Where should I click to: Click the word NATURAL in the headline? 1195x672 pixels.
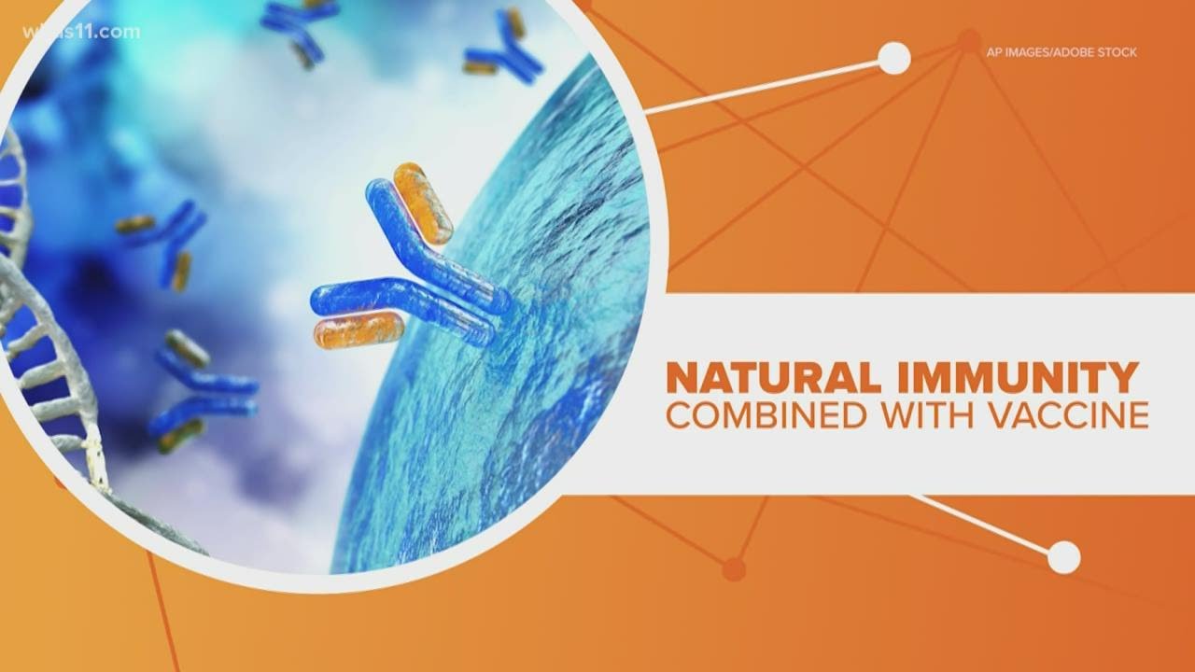point(773,378)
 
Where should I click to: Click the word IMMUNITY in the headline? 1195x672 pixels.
point(1018,378)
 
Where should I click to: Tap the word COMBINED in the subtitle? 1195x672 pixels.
point(766,415)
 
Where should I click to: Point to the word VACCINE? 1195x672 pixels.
point(1070,415)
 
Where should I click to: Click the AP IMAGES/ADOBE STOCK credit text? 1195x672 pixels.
point(1061,52)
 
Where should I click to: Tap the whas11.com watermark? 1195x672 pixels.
point(81,32)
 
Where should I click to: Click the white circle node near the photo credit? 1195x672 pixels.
point(894,58)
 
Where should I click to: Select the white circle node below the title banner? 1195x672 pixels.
point(1063,557)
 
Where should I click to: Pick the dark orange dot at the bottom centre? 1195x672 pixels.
point(734,569)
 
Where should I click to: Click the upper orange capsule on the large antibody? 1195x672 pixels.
point(423,203)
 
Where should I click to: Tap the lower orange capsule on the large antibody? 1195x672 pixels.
point(358,330)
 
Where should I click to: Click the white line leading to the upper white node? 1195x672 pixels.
point(763,88)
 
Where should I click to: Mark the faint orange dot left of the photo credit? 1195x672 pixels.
point(968,40)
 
